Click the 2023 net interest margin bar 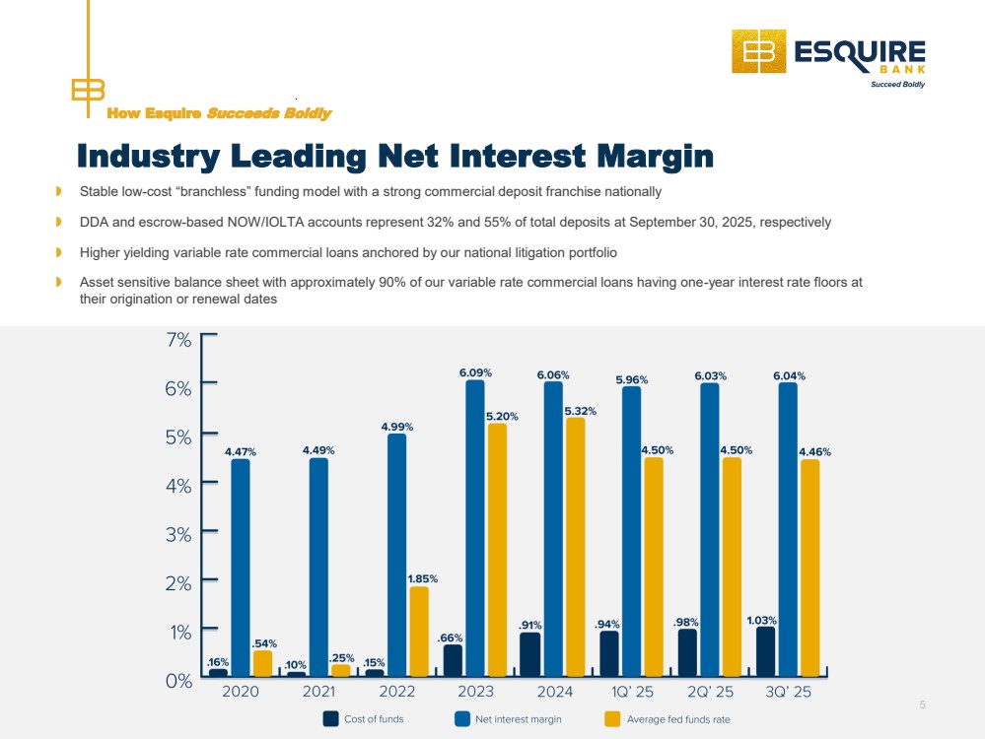pos(474,527)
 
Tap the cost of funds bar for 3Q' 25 pos(765,651)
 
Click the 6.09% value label pos(475,373)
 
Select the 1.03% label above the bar pos(761,621)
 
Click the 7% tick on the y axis pos(178,340)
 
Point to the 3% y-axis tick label pos(178,533)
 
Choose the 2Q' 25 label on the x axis pos(710,692)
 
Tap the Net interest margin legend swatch pos(461,719)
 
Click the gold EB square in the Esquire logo pos(759,51)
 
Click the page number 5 pos(923,705)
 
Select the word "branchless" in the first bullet pos(224,191)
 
